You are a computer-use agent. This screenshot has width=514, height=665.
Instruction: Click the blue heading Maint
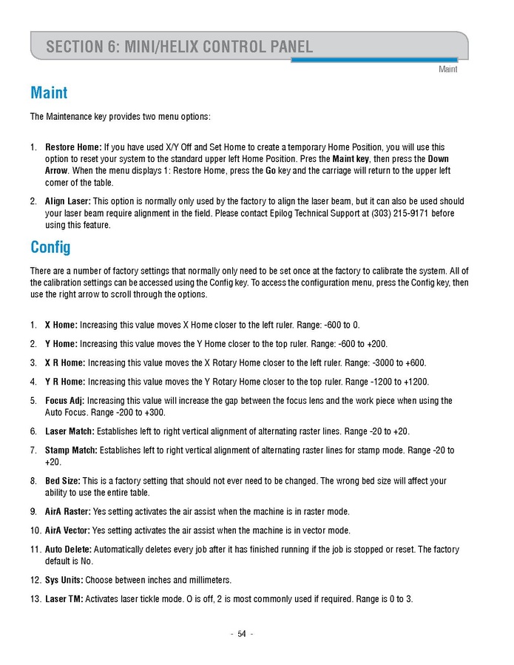[49, 93]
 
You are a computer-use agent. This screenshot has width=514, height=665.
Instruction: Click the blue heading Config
[50, 246]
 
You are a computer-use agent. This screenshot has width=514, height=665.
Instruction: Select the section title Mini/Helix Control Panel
[179, 47]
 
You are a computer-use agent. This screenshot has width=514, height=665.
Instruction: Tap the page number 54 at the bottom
[242, 634]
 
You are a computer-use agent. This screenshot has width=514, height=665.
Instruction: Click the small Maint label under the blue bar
[447, 70]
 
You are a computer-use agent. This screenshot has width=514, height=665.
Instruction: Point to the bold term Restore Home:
[73, 147]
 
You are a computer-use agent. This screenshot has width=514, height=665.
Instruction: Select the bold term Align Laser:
[68, 201]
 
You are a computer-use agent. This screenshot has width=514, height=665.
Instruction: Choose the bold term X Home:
[61, 325]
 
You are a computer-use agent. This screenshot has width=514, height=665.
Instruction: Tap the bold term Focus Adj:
[65, 401]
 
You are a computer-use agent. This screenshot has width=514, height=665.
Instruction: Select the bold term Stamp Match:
[71, 450]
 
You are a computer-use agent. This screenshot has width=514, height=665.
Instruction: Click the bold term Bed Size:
[62, 481]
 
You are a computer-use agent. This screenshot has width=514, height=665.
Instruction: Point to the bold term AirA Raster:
[68, 511]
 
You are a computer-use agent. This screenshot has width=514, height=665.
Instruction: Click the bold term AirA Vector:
[68, 530]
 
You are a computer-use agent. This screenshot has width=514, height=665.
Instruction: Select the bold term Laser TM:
[64, 598]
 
